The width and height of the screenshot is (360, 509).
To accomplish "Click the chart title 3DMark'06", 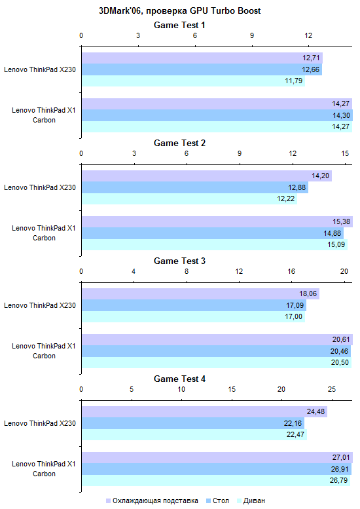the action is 180,10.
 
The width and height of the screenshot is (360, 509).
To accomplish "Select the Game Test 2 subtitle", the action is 180,143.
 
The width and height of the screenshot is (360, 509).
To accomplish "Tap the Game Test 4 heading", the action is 180,379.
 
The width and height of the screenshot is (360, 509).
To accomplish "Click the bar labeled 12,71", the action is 202,58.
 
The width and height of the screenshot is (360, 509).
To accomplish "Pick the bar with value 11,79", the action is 193,81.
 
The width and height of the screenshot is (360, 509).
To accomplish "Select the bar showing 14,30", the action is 217,115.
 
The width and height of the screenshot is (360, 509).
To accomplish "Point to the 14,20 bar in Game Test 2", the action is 207,176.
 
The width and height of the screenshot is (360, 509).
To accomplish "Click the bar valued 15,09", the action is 215,244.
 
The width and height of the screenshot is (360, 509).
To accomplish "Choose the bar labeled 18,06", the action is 200,293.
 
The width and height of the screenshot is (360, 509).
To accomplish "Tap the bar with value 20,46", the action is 216,351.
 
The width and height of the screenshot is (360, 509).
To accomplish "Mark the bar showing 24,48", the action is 204,411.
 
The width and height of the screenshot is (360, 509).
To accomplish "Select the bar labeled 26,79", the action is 216,480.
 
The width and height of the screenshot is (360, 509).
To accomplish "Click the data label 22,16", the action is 293,423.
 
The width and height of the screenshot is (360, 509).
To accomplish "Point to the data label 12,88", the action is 297,187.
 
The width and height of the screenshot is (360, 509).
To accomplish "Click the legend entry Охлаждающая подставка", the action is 152,501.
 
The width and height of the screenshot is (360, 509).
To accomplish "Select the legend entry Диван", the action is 251,501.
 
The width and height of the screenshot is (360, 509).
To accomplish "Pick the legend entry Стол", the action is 217,501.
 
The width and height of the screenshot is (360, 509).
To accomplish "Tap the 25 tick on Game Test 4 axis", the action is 331,389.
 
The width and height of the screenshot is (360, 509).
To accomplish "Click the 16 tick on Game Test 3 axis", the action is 291,271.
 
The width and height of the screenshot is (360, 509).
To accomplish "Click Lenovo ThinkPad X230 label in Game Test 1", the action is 40,69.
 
